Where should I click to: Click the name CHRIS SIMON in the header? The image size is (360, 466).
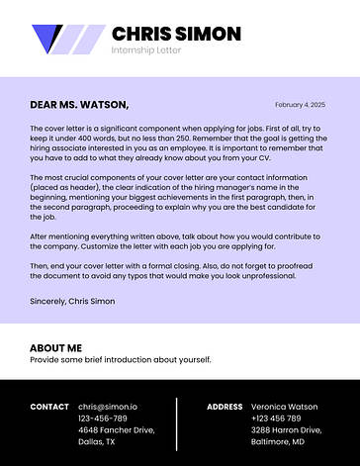point(176,34)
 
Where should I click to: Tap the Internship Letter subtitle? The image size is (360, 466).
point(148,49)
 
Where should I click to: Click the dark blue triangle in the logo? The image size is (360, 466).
point(45,37)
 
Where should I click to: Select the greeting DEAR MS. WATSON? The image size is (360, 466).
point(79,104)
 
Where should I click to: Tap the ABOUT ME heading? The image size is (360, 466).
point(55,348)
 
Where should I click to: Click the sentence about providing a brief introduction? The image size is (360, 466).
point(121,360)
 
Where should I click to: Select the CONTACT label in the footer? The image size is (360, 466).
point(49,407)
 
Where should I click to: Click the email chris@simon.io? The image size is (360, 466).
point(108,407)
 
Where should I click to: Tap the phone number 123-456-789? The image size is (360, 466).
point(103,419)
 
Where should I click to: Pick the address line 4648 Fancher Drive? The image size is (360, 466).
point(116,430)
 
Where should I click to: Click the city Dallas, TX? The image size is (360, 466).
point(97,442)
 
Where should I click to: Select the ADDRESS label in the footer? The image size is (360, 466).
point(225,407)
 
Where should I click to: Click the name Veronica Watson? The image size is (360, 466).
point(285,407)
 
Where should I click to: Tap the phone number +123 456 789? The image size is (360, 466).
point(280,419)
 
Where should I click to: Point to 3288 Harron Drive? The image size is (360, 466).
point(287,430)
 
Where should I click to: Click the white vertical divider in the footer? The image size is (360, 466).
point(177,423)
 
